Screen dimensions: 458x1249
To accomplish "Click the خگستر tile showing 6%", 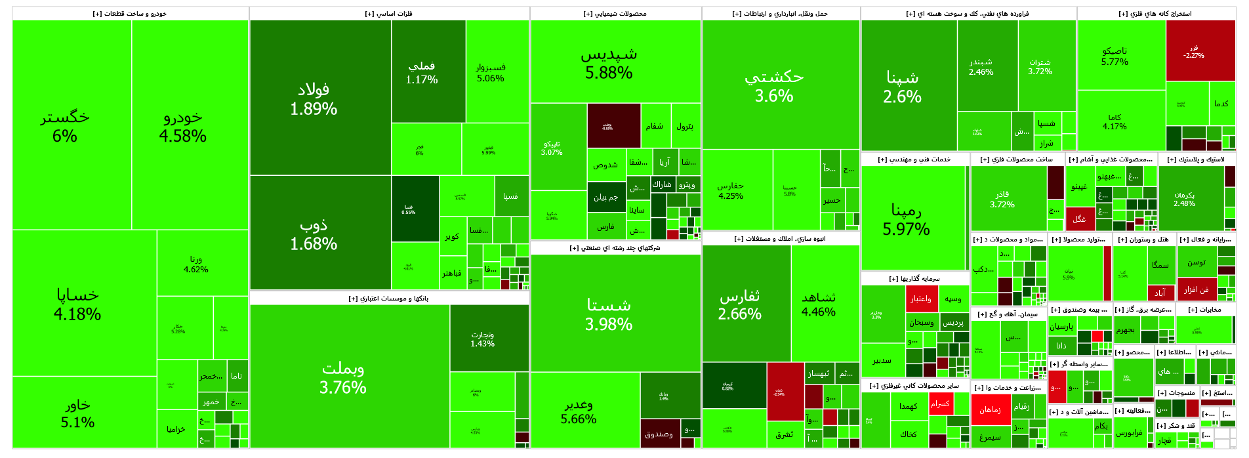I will click(65, 126).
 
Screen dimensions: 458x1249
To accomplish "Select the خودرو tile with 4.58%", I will click(183, 126).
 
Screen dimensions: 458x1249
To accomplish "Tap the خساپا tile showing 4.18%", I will click(77, 304).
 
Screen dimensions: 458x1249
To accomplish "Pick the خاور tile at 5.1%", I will click(77, 413).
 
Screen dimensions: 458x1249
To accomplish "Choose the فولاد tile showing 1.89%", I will click(314, 98).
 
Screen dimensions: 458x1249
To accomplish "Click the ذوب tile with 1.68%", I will click(314, 234).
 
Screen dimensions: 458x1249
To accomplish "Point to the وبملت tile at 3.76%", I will click(342, 377).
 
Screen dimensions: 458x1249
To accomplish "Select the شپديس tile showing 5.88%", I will click(609, 62).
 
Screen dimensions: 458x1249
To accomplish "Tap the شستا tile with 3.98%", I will click(609, 314).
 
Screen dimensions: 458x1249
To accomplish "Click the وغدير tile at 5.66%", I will click(579, 411).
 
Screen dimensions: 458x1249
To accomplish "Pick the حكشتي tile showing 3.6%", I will click(774, 85).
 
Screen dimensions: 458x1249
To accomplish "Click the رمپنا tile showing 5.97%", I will click(906, 219).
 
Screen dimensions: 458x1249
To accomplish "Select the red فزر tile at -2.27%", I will click(1194, 51).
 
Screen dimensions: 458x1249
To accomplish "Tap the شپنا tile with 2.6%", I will click(902, 87).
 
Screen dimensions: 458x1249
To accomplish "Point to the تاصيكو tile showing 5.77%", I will click(1115, 56).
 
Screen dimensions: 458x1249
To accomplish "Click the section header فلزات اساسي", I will click(389, 14).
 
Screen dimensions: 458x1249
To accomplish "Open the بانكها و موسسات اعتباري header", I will click(388, 299).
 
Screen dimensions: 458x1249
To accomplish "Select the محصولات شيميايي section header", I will click(615, 14).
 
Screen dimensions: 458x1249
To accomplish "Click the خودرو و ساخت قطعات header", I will click(130, 14).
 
